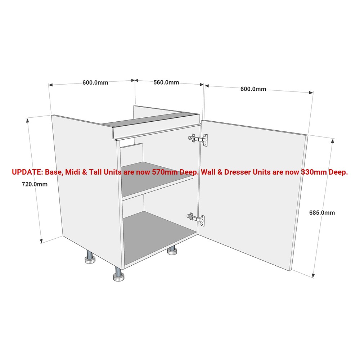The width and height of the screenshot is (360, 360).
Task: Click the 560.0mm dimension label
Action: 166,82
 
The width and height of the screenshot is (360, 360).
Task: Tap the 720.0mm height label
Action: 35,184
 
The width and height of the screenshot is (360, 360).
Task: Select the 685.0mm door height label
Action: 322,213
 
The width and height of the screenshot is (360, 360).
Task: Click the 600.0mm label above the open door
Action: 253,89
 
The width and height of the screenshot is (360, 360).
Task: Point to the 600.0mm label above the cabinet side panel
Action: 95,82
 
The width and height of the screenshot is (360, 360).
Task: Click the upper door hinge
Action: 198,139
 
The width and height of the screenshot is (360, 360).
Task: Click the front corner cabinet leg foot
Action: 119,275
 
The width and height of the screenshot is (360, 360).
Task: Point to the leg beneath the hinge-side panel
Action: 172,250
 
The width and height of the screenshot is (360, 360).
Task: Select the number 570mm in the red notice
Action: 165,172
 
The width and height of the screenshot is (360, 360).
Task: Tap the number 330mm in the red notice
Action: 314,172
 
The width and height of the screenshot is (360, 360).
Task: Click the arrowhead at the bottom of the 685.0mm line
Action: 313,275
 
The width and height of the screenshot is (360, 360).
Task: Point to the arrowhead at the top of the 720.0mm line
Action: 28,120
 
